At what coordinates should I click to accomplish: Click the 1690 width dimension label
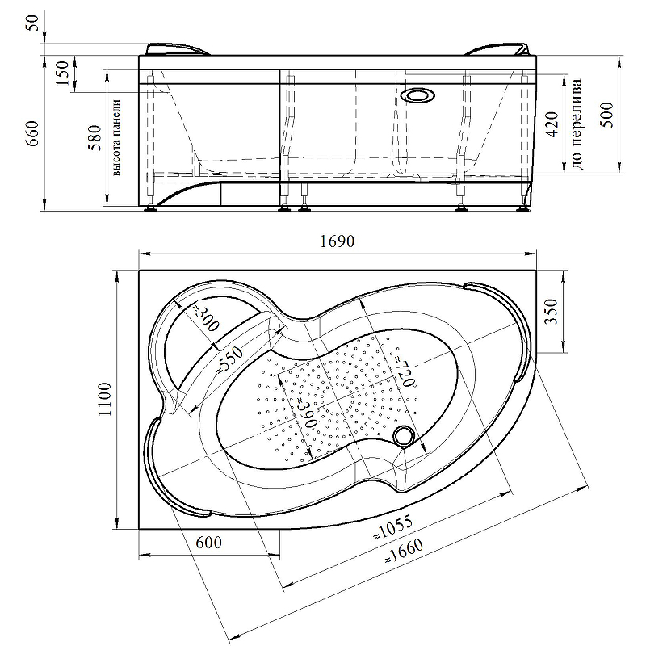point(337,241)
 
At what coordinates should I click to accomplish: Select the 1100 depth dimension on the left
point(105,399)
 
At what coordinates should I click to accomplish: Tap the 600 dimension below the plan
point(208,543)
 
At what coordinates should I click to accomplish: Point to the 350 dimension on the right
point(552,312)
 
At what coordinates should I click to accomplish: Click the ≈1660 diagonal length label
point(404,551)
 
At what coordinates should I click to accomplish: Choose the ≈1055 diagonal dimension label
point(392,528)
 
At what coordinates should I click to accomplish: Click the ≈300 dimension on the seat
point(205,317)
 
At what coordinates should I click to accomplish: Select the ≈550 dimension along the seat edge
point(229,360)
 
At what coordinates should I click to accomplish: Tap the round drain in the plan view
point(403,436)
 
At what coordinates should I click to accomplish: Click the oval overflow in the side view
point(417,96)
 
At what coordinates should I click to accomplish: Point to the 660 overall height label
point(32,133)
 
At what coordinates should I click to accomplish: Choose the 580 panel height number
point(94,137)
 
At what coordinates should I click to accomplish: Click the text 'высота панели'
point(116,137)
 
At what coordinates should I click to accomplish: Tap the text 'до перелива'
point(577,124)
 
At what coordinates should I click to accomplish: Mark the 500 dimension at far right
point(609,115)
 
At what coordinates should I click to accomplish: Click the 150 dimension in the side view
point(62,73)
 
